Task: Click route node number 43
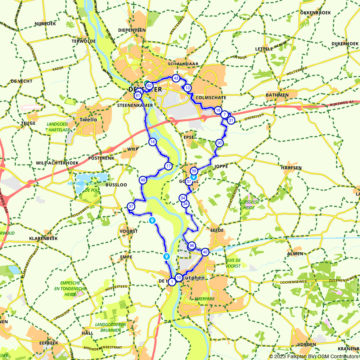click(x=176, y=78)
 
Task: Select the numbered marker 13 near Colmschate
click(x=187, y=88)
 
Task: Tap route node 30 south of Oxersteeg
click(x=219, y=143)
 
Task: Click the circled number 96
click(x=192, y=246)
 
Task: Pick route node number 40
click(x=205, y=252)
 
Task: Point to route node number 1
click(x=172, y=282)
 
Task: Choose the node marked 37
click(x=131, y=206)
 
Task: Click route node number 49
click(x=143, y=180)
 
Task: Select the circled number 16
click(x=153, y=142)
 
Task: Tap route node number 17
click(x=168, y=166)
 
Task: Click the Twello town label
click(x=88, y=120)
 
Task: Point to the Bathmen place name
click(x=277, y=95)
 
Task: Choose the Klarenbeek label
click(x=42, y=238)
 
